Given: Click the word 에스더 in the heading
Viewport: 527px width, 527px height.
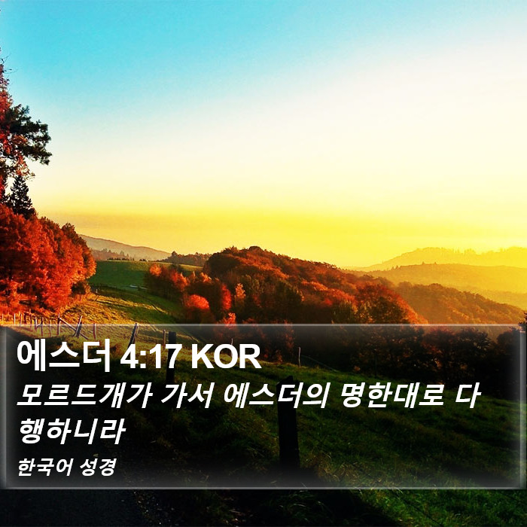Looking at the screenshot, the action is coord(64,355).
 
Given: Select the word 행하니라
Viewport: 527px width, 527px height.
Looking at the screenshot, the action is coord(72,431).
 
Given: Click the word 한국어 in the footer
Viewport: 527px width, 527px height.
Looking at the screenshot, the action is coord(44,468).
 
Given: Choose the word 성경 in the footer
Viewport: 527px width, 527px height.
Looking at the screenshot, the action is coord(98,468).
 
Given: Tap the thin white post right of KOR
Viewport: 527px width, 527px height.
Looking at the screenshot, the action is coord(299,357).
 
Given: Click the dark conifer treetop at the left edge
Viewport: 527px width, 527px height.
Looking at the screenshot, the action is coord(21,195).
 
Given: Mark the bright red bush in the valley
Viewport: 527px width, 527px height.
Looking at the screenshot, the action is coord(197,303).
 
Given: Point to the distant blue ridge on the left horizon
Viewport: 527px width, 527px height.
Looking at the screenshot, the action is coord(124,248).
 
